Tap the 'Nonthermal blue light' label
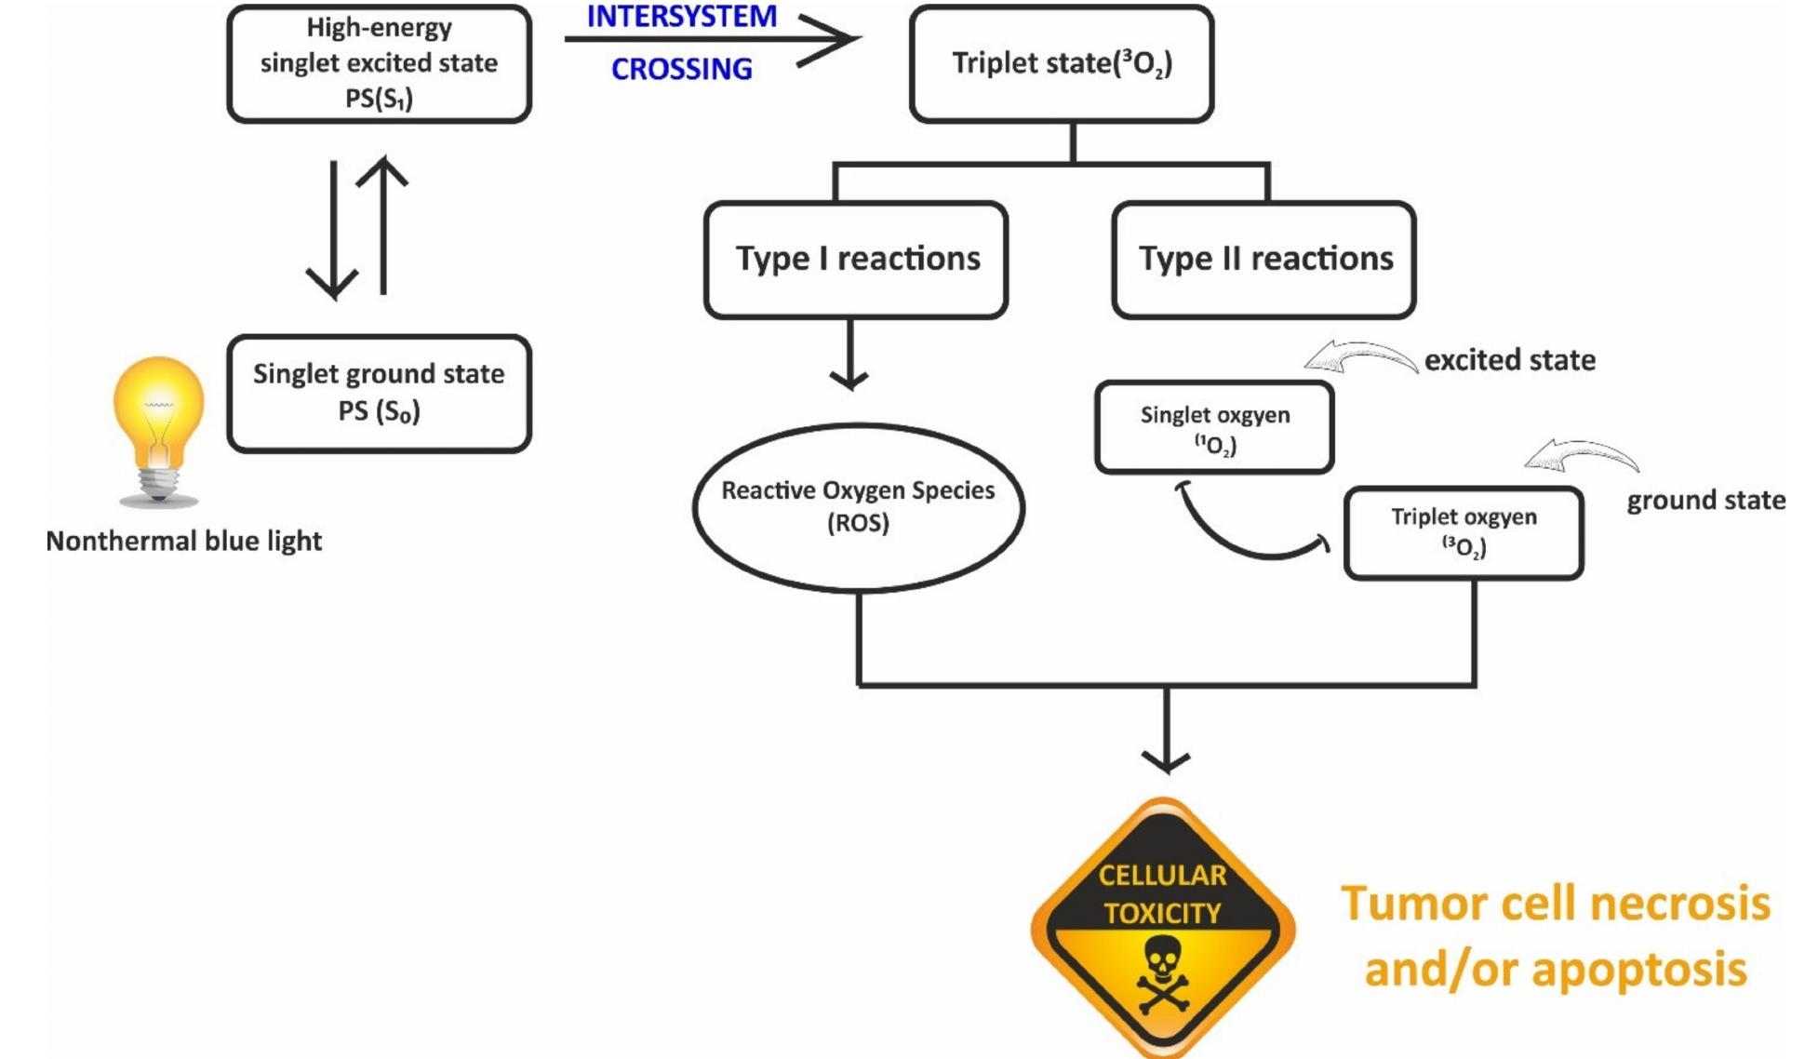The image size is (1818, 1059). click(x=184, y=541)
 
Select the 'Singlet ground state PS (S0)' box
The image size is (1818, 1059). click(x=379, y=393)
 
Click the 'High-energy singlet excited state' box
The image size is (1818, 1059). click(x=379, y=63)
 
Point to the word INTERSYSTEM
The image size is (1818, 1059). click(x=681, y=17)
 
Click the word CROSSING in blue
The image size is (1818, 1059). click(x=681, y=69)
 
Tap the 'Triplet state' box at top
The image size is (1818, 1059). click(x=1062, y=63)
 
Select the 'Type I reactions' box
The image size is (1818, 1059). click(x=856, y=259)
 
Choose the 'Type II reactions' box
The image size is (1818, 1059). click(x=1263, y=259)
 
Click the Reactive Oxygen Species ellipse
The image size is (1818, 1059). click(x=858, y=507)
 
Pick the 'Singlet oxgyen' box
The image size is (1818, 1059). click(x=1214, y=428)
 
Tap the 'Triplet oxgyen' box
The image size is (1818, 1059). click(x=1463, y=532)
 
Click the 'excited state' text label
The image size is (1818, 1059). click(x=1509, y=360)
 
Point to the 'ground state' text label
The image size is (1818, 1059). click(x=1705, y=501)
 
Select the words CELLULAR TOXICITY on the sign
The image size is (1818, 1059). click(x=1162, y=893)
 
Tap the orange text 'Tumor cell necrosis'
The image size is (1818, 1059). click(x=1555, y=903)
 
